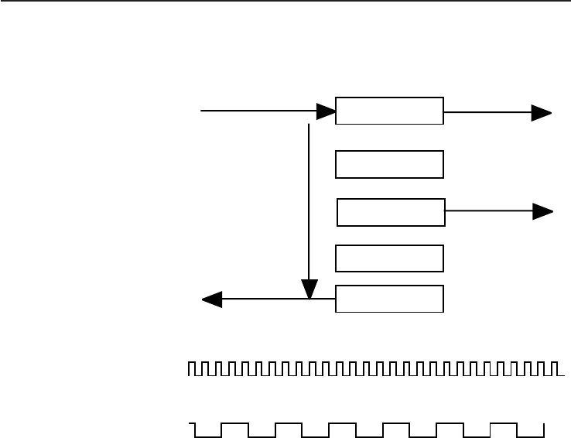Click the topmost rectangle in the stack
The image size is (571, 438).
click(389, 111)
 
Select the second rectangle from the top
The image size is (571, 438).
click(389, 164)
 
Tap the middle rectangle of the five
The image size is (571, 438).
click(391, 212)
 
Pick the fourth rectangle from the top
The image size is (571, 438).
click(389, 258)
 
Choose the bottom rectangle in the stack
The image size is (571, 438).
click(389, 299)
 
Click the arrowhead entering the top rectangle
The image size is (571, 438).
click(325, 111)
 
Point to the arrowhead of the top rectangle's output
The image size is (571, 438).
click(541, 113)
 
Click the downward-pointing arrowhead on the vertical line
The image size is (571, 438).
click(309, 289)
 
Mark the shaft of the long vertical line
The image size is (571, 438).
click(309, 201)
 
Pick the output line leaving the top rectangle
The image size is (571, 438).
click(487, 113)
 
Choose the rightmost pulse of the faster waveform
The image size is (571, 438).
click(551, 368)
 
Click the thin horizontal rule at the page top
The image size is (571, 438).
click(285, 2)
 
